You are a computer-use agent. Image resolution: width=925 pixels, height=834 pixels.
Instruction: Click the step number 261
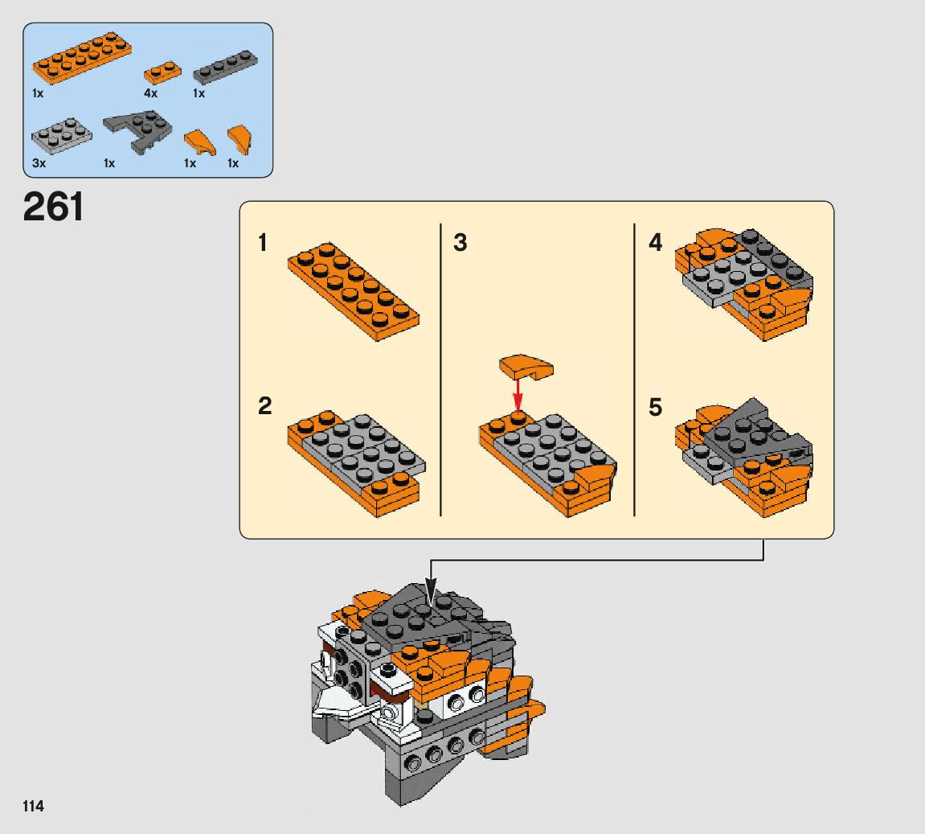click(53, 207)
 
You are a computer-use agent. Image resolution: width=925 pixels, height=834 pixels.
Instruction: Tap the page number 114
click(34, 807)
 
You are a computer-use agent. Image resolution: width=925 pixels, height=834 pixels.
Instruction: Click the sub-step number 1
click(263, 243)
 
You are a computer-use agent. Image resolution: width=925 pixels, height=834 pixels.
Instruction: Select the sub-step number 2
click(265, 406)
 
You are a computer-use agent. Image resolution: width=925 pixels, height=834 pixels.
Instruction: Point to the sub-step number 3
click(460, 243)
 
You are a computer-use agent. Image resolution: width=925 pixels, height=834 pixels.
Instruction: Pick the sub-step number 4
click(656, 243)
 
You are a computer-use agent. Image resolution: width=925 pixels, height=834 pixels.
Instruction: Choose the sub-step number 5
click(656, 408)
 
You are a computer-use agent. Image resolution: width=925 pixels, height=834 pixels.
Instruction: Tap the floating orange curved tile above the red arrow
click(526, 367)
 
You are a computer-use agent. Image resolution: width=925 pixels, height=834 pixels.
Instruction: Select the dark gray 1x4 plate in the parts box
click(225, 67)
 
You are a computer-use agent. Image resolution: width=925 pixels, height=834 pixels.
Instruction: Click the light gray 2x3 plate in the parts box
click(62, 136)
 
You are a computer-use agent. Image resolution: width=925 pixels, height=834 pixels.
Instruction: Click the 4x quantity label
click(150, 93)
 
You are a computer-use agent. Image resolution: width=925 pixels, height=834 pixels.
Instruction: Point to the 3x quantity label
click(39, 163)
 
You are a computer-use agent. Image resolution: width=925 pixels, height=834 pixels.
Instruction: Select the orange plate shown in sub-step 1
click(354, 291)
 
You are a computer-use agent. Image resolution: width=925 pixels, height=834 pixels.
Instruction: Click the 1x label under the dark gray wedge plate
click(109, 163)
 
